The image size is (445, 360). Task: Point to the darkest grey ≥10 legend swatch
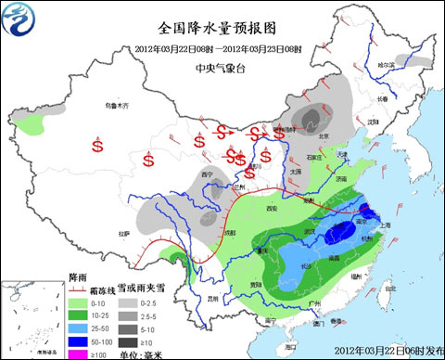coord(136,342)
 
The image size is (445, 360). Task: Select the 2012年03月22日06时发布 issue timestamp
coord(382,351)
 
